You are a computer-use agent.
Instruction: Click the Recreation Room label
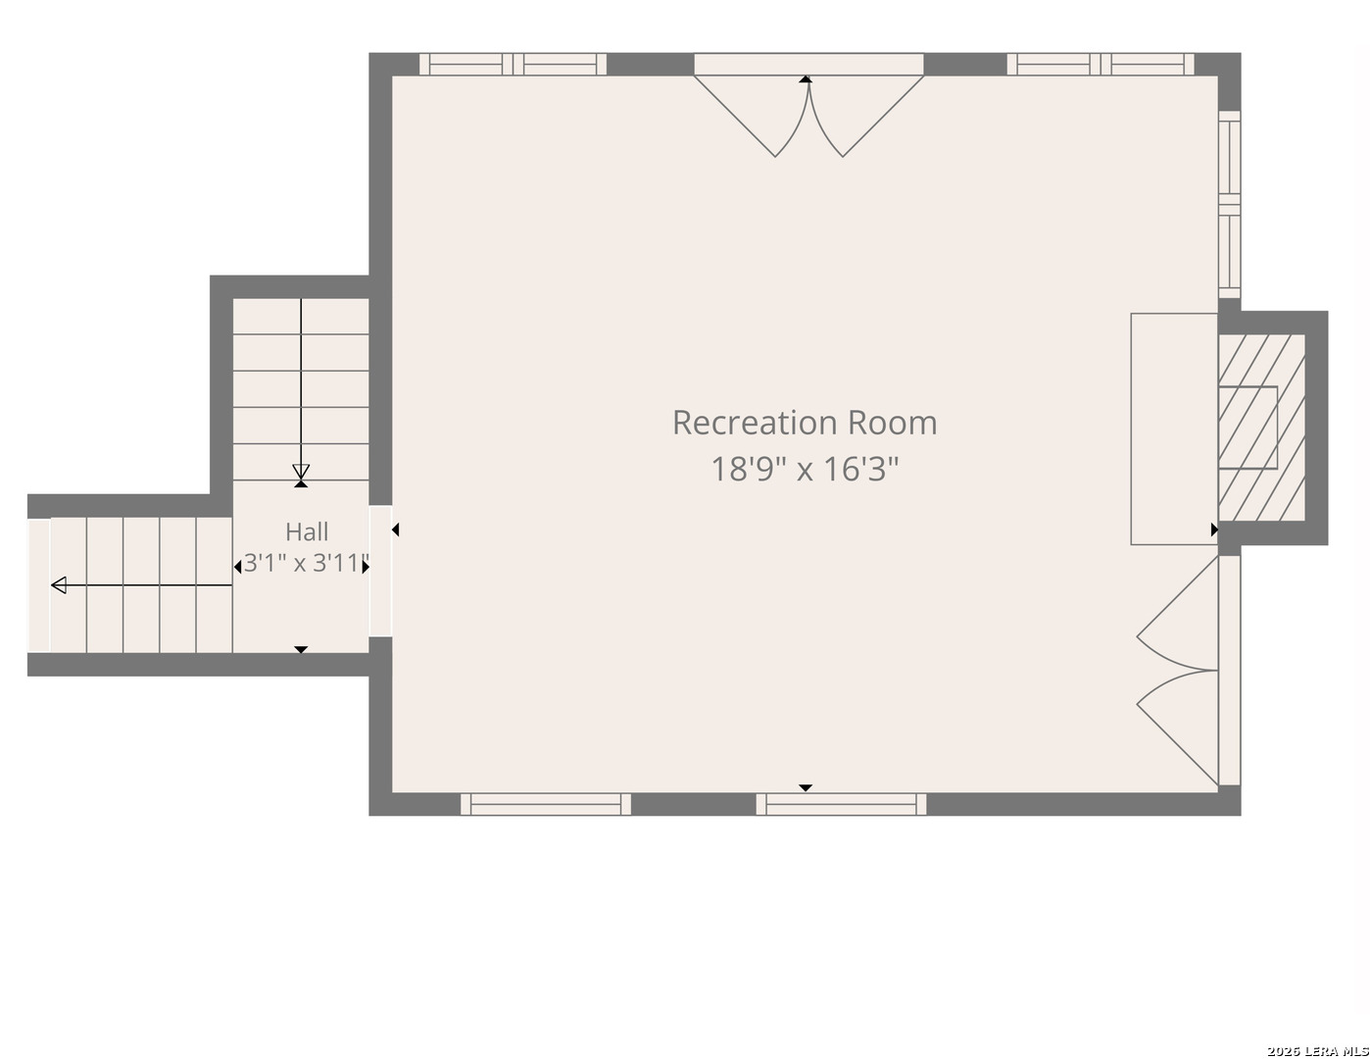pyautogui.click(x=805, y=423)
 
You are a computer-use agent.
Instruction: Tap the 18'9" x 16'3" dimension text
pyautogui.click(x=805, y=470)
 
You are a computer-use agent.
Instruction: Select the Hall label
pyautogui.click(x=307, y=531)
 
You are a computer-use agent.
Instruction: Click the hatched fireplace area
pyautogui.click(x=1261, y=428)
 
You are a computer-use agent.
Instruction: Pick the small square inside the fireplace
pyautogui.click(x=1248, y=428)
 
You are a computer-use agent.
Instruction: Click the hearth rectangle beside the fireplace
pyautogui.click(x=1174, y=429)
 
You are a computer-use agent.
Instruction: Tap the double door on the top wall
pyautogui.click(x=808, y=105)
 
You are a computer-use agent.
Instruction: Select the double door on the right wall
pyautogui.click(x=1189, y=670)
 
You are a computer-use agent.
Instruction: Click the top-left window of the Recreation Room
pyautogui.click(x=513, y=65)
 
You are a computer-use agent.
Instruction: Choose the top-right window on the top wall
pyautogui.click(x=1101, y=65)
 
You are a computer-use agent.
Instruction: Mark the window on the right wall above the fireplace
pyautogui.click(x=1230, y=204)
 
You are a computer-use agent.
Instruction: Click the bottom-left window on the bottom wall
pyautogui.click(x=545, y=804)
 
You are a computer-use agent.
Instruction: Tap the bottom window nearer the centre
pyautogui.click(x=841, y=804)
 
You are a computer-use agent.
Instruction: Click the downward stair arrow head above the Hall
pyautogui.click(x=301, y=472)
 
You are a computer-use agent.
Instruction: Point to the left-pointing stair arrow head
pyautogui.click(x=59, y=585)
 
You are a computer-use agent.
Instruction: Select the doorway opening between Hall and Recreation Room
pyautogui.click(x=380, y=571)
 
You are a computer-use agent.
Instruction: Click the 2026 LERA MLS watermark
pyautogui.click(x=1317, y=1051)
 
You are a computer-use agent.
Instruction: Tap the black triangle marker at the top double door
pyautogui.click(x=806, y=78)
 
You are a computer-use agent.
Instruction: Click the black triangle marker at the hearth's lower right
pyautogui.click(x=1214, y=529)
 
